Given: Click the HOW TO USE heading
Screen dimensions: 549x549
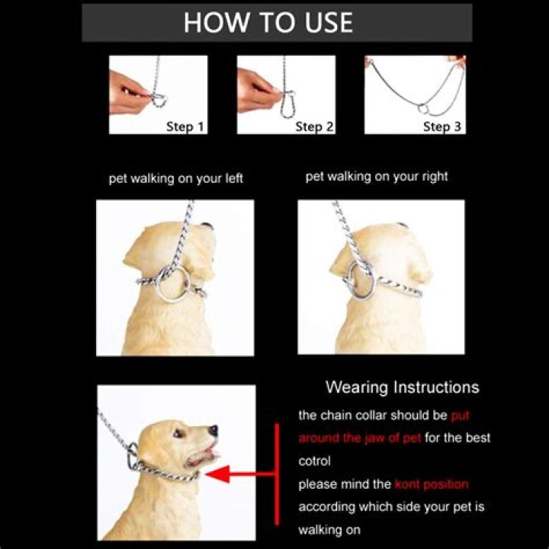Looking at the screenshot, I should (268, 22).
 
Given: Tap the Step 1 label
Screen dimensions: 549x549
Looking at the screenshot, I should (185, 126).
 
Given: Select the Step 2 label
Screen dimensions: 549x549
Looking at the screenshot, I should (314, 126).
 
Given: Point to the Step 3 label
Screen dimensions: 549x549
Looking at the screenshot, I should (442, 126).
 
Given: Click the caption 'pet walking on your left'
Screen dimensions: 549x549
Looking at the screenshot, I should (175, 178).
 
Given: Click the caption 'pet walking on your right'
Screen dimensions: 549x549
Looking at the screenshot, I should (377, 176).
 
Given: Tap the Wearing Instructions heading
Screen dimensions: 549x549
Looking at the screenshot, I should (402, 387).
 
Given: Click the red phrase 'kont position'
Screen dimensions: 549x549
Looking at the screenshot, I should (431, 484).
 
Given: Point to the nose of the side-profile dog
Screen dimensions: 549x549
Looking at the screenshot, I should (214, 430).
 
